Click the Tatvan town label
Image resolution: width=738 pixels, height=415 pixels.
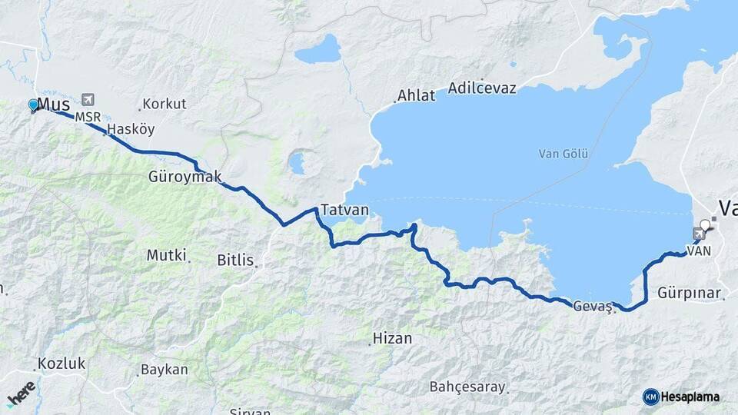tap(344, 210)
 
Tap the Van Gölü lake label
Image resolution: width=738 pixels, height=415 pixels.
tap(563, 154)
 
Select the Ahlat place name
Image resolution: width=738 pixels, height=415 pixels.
tap(416, 96)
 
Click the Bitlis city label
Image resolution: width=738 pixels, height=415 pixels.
tap(235, 261)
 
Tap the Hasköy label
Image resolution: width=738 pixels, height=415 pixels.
tap(131, 129)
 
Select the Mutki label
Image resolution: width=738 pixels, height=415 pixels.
tap(167, 255)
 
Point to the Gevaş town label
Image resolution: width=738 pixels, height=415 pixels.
tap(592, 306)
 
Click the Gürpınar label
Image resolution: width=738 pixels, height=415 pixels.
tap(690, 293)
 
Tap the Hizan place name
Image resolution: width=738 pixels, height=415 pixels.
tap(392, 338)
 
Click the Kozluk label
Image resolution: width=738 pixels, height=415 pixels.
tap(61, 364)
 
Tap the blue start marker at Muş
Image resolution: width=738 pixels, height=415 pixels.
tap(33, 105)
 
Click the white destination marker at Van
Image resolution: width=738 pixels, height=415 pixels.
tap(705, 225)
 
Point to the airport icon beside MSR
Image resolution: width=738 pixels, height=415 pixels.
tap(88, 99)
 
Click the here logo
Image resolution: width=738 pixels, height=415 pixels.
tap(21, 393)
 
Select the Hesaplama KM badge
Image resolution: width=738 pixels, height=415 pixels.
tap(681, 397)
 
